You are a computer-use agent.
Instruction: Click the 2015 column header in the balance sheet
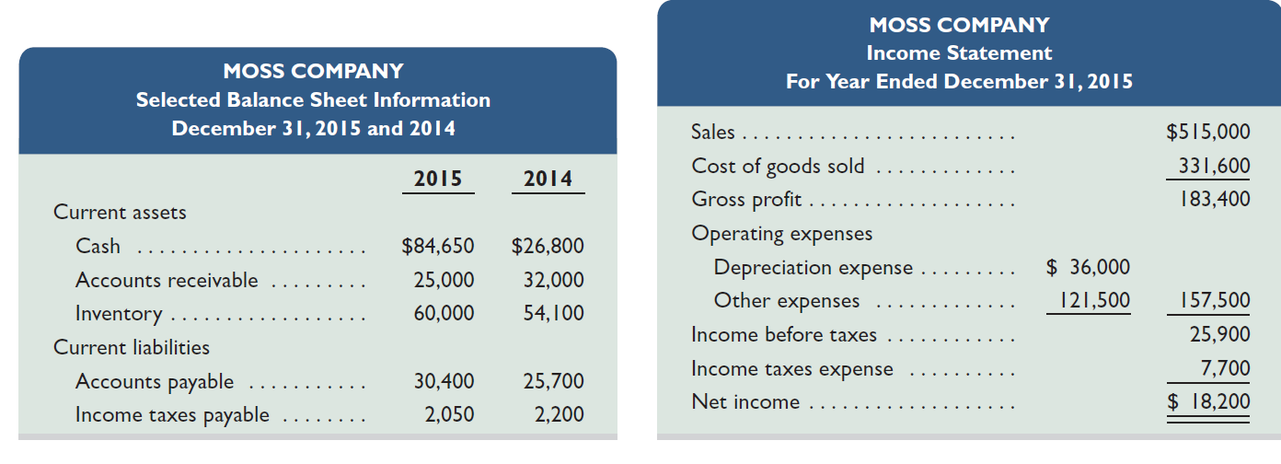point(438,179)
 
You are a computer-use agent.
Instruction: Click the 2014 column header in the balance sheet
point(548,179)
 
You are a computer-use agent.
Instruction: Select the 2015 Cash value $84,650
point(438,246)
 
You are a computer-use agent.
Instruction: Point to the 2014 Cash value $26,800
point(548,246)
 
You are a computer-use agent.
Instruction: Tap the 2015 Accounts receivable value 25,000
point(444,280)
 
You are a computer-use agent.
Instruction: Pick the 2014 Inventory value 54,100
point(553,313)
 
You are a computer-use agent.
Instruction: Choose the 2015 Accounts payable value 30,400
point(444,381)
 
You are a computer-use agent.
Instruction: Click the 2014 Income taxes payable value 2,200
point(559,414)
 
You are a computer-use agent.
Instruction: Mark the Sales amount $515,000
point(1208,132)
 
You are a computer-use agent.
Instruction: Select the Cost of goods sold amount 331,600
point(1215,166)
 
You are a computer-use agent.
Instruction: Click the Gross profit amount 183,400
point(1215,199)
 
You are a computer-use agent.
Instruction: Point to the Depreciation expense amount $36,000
point(1089,267)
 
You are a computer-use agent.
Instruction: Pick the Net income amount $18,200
point(1208,401)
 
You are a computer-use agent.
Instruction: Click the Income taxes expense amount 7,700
point(1226,368)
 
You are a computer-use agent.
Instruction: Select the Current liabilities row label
point(132,347)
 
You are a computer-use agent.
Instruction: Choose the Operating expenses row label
point(781,233)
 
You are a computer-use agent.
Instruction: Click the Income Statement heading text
point(959,53)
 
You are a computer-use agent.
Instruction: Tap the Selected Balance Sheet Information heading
point(313,99)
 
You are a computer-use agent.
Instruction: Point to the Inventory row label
point(119,313)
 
